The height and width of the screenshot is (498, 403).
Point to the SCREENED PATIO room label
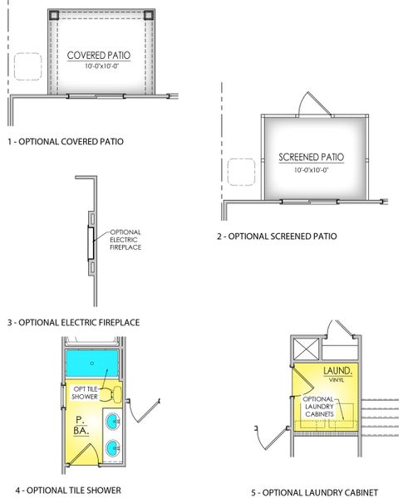312,157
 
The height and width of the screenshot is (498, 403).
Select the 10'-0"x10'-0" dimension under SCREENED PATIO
312,170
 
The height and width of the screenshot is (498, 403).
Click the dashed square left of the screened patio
241,169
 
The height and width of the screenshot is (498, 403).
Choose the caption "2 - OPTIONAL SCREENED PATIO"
277,237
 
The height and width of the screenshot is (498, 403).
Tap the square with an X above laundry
304,347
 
